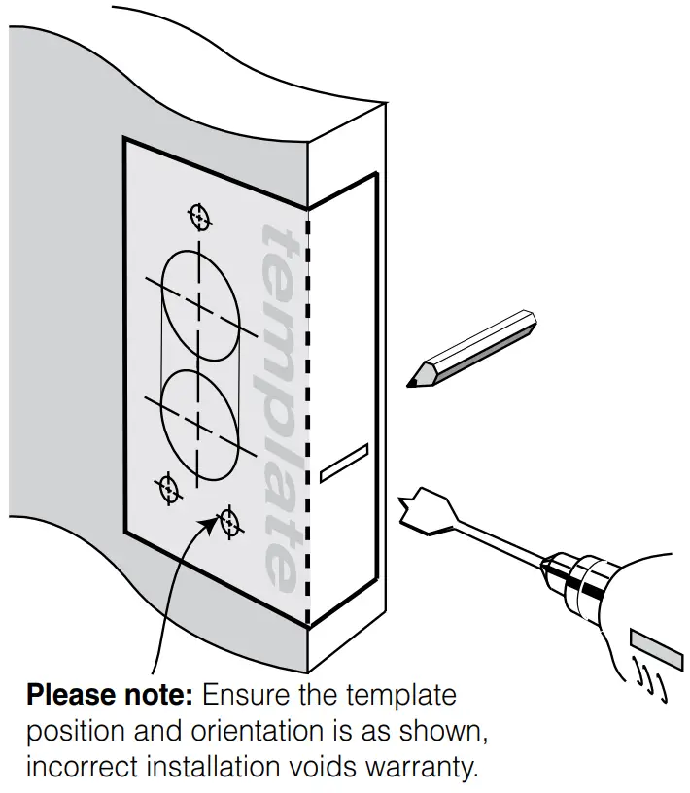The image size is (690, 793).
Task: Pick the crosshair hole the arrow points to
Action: point(230,521)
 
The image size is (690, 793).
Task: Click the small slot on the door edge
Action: point(343,463)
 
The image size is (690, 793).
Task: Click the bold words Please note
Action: point(111,697)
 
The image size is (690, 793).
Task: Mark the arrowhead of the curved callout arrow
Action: point(211,526)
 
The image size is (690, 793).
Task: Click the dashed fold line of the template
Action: point(308,418)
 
